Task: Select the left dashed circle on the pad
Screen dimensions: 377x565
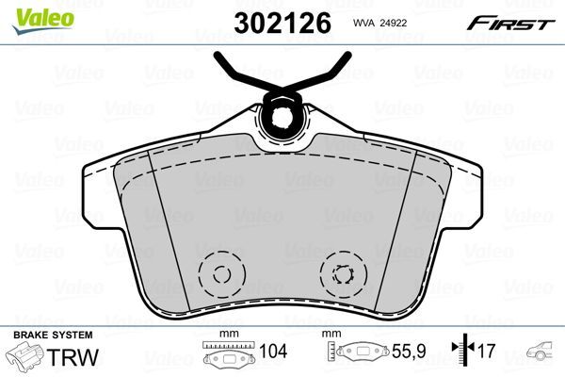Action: point(222,276)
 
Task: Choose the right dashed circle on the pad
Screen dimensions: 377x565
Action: point(340,276)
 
